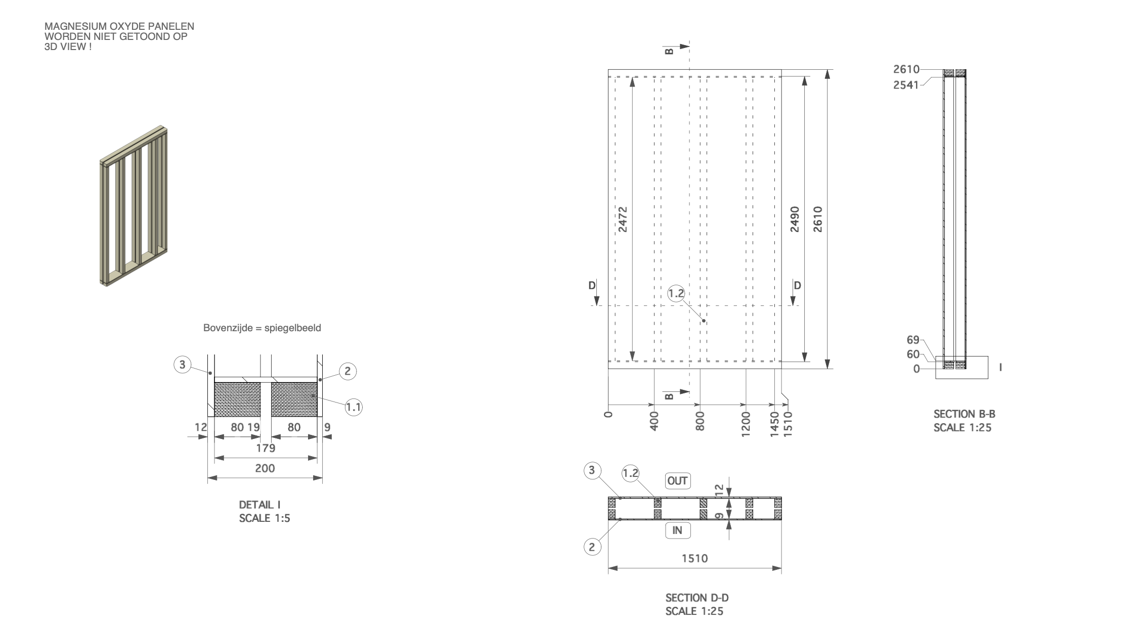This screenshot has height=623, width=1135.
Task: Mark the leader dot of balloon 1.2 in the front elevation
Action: [x=704, y=321]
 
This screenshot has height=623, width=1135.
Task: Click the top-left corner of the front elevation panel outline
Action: [x=608, y=69]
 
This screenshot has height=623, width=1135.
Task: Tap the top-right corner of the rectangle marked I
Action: [x=988, y=357]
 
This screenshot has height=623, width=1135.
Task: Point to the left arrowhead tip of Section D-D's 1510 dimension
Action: [x=608, y=568]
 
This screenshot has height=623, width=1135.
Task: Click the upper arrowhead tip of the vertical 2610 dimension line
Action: [x=827, y=70]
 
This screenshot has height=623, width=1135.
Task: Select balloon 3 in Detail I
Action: [x=183, y=364]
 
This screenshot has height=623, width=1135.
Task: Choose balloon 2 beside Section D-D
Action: [x=592, y=546]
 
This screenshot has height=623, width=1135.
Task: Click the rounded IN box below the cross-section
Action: [x=677, y=530]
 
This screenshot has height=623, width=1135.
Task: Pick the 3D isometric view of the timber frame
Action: [x=134, y=206]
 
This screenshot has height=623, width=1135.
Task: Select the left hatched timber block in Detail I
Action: [x=238, y=399]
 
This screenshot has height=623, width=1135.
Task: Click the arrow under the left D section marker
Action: [x=596, y=299]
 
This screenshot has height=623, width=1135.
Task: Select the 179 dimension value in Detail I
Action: [x=266, y=448]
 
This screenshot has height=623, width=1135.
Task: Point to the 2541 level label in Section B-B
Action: [x=906, y=84]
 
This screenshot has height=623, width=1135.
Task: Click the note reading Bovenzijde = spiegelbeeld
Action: [x=262, y=328]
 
